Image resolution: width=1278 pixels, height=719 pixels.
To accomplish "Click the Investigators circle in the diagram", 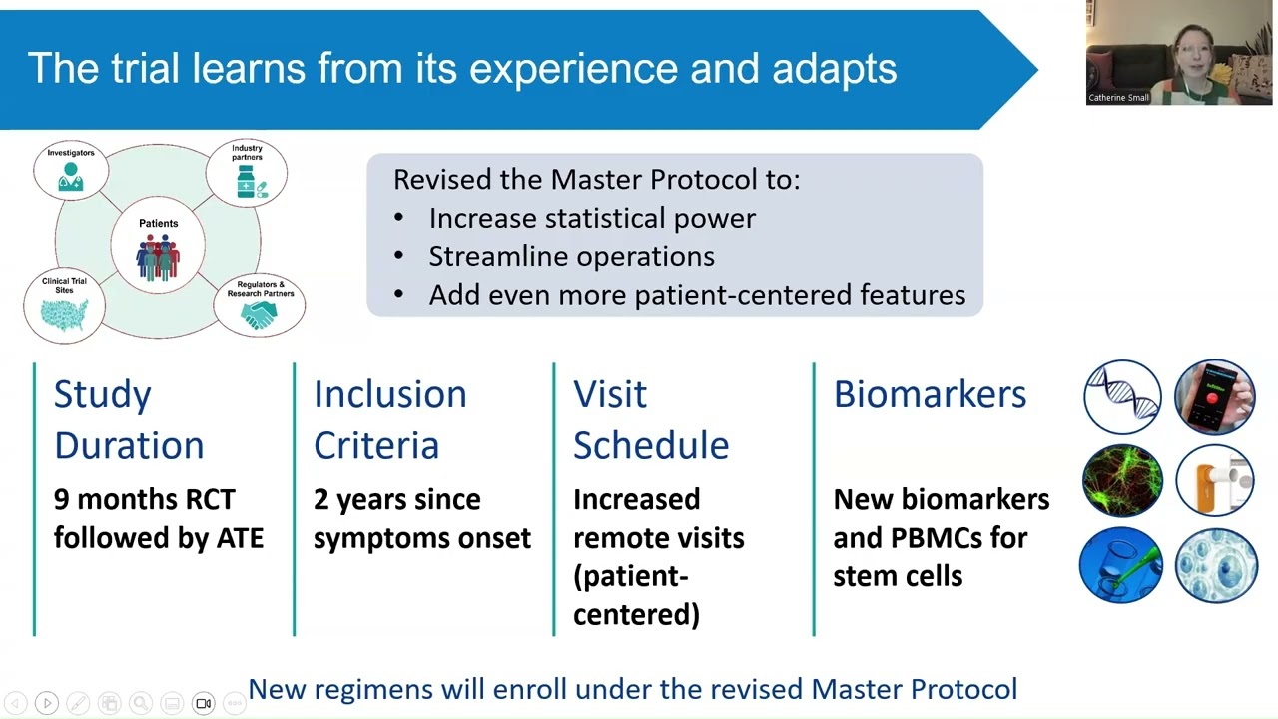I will (x=70, y=170).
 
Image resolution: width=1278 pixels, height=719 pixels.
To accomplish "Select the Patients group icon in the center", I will (x=158, y=257).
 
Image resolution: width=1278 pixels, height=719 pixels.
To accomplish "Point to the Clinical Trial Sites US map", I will (x=65, y=314).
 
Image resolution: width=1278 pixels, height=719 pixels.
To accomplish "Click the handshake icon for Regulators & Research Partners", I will (x=259, y=316).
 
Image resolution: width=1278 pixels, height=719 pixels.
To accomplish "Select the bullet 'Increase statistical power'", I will (x=591, y=218).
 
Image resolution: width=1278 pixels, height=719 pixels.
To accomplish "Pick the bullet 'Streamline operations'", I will (x=571, y=256).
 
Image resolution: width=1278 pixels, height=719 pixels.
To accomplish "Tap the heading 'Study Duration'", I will (x=128, y=419).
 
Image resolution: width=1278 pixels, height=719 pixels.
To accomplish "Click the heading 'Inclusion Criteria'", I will (x=389, y=419).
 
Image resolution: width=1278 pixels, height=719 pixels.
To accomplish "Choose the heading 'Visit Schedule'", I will (x=650, y=419).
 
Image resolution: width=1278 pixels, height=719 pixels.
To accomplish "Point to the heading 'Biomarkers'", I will (x=930, y=394).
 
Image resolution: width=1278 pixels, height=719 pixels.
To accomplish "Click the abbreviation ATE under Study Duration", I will (x=240, y=538).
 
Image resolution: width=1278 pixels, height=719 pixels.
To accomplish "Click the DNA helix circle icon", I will (x=1122, y=397).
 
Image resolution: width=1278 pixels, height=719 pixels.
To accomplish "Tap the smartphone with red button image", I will (x=1214, y=397).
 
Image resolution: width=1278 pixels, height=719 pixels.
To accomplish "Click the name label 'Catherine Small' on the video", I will (x=1118, y=98).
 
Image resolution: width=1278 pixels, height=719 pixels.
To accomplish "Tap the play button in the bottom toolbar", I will (x=47, y=703).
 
